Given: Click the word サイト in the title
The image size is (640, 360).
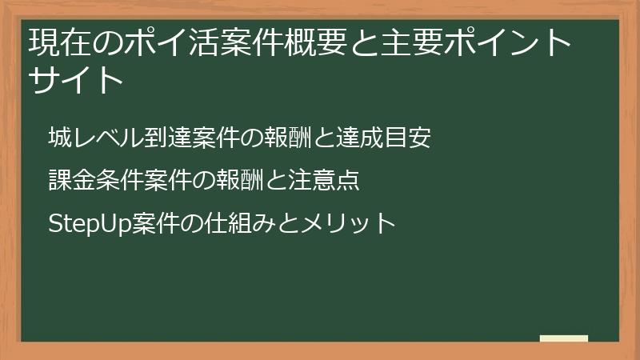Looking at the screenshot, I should click(77, 81).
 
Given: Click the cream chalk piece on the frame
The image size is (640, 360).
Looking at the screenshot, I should click(564, 338).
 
